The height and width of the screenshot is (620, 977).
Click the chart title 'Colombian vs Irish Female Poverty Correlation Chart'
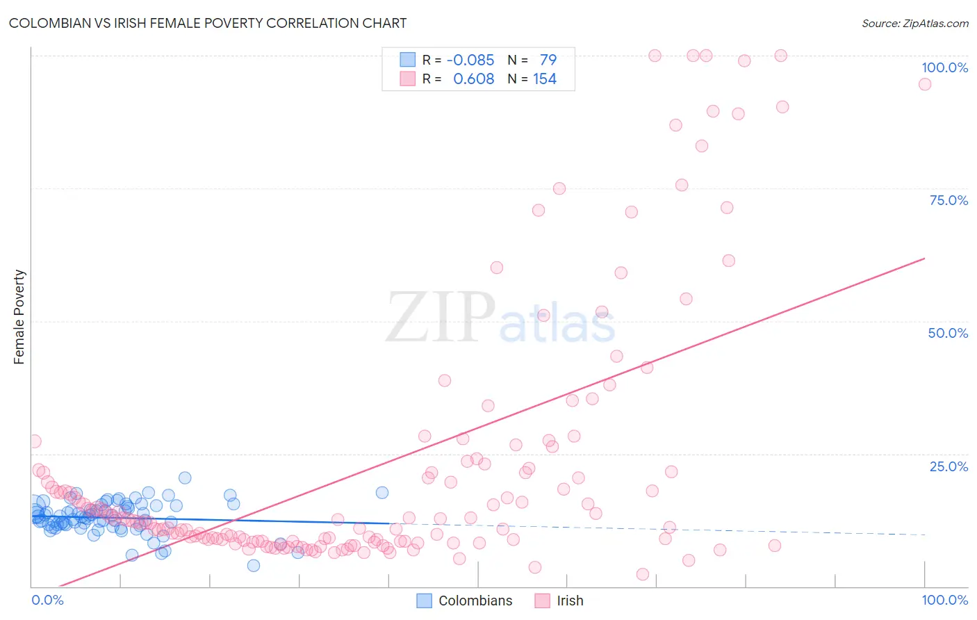(208, 23)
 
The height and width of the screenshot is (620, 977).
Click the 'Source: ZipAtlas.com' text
(914, 23)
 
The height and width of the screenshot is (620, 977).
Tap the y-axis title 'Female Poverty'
(19, 317)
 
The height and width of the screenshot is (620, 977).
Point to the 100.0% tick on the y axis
(944, 67)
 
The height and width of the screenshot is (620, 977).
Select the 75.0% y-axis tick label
(948, 200)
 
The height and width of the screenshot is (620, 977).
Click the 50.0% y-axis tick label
(947, 333)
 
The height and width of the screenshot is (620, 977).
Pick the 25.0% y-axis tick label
(948, 466)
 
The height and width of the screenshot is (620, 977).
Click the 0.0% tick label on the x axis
(47, 600)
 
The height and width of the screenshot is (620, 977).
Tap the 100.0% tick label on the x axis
(944, 600)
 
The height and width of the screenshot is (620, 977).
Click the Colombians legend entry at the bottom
(465, 601)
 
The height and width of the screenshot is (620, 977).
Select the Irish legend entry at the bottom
(559, 601)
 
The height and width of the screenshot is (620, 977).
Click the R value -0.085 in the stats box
(470, 60)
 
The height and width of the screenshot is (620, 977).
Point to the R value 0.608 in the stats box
(473, 79)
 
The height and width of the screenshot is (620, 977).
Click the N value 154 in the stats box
(545, 79)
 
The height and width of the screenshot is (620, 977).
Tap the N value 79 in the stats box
(548, 60)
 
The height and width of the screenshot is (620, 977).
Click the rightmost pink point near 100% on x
(924, 84)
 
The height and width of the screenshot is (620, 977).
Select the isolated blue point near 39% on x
(381, 492)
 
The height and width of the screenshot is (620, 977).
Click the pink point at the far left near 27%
(34, 441)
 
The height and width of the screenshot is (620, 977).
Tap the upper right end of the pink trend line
(923, 259)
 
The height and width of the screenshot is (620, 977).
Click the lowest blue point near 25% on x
(254, 565)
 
